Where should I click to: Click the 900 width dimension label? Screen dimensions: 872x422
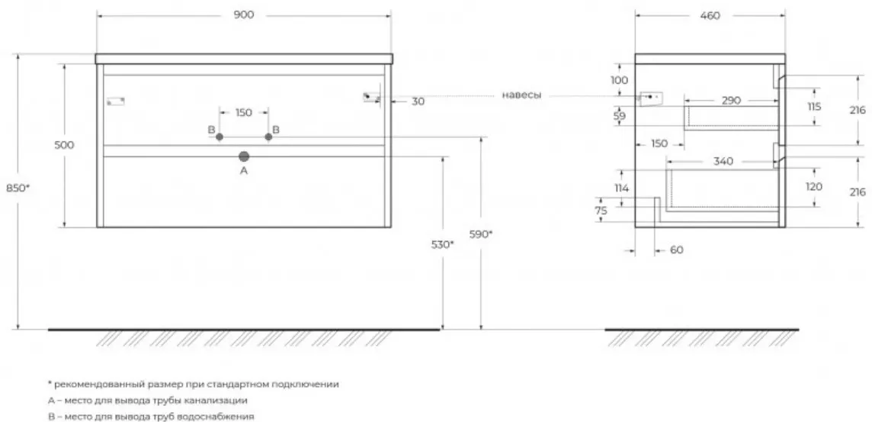(244, 15)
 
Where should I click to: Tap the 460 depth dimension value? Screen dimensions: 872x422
(710, 15)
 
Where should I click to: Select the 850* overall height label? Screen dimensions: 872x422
(18, 188)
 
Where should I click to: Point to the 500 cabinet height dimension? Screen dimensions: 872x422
(65, 145)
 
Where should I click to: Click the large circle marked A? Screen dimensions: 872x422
(244, 156)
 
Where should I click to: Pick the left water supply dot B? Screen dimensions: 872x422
(219, 137)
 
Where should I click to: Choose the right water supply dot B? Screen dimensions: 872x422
(268, 137)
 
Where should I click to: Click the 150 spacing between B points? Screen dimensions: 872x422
(244, 112)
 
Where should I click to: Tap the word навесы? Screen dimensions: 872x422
(521, 95)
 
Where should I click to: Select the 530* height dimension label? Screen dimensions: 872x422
(443, 244)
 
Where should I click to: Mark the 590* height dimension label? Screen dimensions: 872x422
(481, 234)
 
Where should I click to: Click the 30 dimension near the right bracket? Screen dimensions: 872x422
(418, 101)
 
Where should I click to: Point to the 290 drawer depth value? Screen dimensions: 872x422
(731, 100)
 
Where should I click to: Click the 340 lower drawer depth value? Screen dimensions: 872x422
(723, 162)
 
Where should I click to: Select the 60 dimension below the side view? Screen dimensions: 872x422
(676, 250)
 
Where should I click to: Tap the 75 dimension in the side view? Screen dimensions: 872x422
(601, 211)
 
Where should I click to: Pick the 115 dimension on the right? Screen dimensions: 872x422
(813, 106)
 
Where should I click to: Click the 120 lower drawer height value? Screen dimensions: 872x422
(813, 187)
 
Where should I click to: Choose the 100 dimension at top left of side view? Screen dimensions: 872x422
(620, 80)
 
